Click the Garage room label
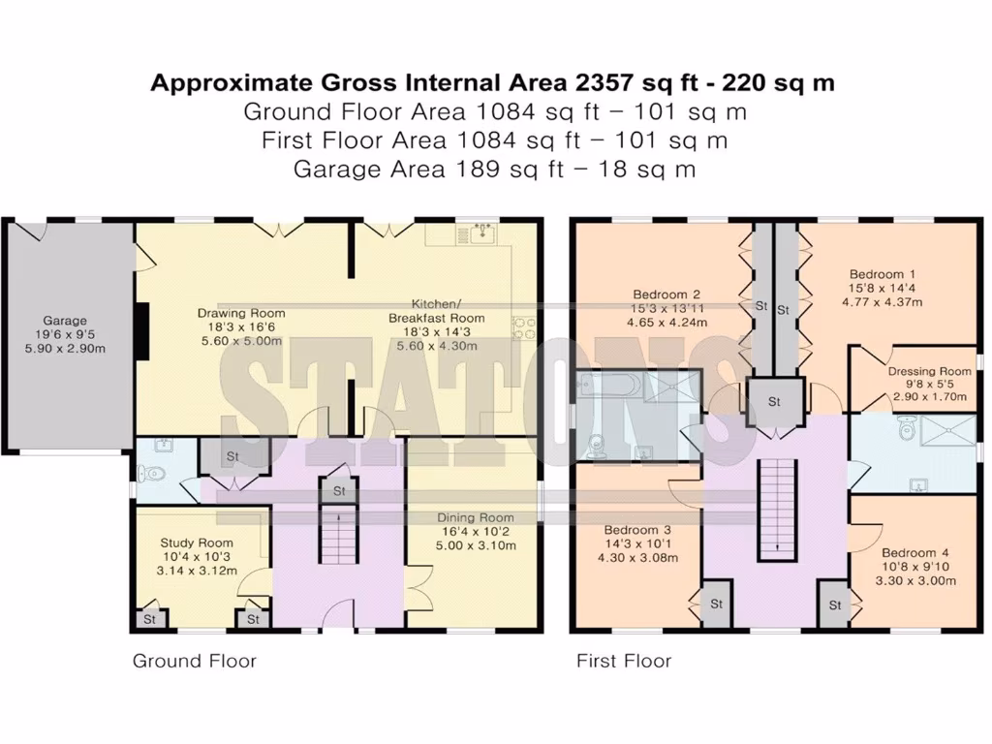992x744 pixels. point(65,321)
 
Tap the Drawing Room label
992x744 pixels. point(241,313)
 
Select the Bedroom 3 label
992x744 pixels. point(637,530)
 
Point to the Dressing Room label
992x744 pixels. point(929,370)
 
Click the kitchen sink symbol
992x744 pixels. point(481,232)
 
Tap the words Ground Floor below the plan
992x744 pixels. point(194,662)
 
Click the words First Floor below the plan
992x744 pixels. point(624,662)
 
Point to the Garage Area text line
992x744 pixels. point(494,170)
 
